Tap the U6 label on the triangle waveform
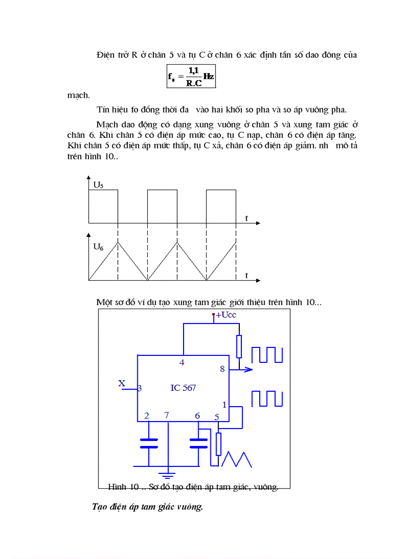tap(99, 246)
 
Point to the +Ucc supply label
tap(226, 315)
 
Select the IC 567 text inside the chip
tap(183, 388)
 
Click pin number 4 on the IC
tap(182, 362)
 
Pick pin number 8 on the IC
tap(222, 369)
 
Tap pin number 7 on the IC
tap(167, 415)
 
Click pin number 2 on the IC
tap(146, 416)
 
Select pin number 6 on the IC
tap(198, 416)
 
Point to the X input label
tap(121, 383)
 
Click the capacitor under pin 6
tap(199, 443)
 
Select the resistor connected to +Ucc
tap(239, 346)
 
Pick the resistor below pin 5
tap(218, 444)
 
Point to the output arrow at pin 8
tap(247, 369)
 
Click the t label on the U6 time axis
tap(247, 275)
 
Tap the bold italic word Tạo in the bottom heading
tap(101, 507)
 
